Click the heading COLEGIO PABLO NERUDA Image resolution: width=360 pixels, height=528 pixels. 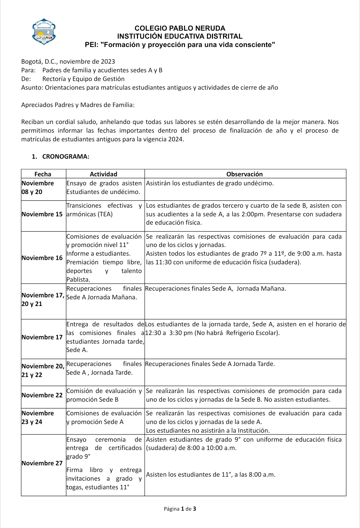(x=180, y=28)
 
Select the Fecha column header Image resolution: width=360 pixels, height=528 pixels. (x=43, y=174)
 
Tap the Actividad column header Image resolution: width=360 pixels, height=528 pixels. (x=104, y=174)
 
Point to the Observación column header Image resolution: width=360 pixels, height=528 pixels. (x=244, y=174)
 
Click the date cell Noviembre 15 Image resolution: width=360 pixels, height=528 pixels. (x=42, y=214)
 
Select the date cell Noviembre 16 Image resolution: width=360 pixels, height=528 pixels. (x=42, y=258)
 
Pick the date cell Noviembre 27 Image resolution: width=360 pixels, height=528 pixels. (x=42, y=463)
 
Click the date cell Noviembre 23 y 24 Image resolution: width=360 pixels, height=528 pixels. (x=38, y=417)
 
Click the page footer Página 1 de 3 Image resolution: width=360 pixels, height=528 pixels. (x=180, y=509)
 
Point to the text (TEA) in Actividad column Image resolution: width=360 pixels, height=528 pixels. (x=104, y=214)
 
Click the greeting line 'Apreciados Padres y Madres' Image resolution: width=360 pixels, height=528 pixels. (x=78, y=105)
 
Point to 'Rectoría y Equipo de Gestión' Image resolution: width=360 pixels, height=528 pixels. (x=83, y=79)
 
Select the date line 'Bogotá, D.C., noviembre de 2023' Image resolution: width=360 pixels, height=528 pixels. (x=68, y=62)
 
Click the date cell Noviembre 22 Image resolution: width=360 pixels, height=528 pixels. (x=42, y=395)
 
